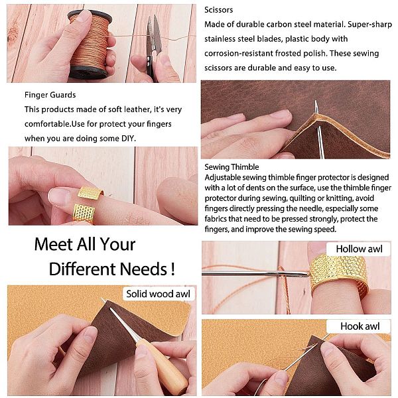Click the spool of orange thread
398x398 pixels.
click(90, 44)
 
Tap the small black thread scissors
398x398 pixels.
click(153, 48)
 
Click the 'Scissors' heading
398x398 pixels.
click(218, 10)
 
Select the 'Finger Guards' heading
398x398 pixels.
click(50, 95)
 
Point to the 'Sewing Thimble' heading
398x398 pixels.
click(232, 167)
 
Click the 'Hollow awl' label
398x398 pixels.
click(359, 249)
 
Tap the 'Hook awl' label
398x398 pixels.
click(360, 326)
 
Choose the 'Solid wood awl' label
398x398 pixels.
click(158, 294)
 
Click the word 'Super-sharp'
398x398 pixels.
click(369, 25)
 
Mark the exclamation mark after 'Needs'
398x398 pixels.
click(173, 269)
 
